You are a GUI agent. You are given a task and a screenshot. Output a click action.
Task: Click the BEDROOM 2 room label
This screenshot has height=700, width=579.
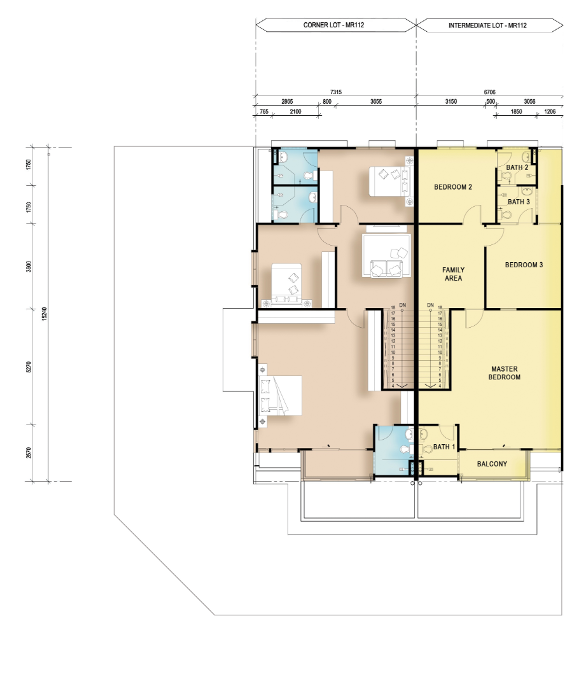(452, 187)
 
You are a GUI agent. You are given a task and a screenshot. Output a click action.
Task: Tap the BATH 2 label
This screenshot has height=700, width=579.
(517, 167)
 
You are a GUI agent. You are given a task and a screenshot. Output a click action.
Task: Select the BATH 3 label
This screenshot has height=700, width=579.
(519, 202)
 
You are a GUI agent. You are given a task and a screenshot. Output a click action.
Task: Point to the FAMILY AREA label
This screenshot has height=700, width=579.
(453, 274)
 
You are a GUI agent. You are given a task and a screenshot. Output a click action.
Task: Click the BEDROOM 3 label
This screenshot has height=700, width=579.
(524, 265)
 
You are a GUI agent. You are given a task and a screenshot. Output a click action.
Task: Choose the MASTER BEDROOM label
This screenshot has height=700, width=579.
(505, 373)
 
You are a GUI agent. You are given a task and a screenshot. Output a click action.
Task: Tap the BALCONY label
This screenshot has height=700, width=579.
(492, 464)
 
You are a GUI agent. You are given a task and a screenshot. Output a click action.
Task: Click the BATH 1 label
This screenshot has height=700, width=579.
(444, 447)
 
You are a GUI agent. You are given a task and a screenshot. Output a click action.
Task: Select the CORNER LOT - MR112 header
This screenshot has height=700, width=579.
(333, 25)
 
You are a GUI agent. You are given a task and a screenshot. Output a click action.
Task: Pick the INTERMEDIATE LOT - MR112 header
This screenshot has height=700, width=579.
(487, 25)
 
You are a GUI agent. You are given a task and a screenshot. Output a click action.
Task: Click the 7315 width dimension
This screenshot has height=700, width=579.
(336, 92)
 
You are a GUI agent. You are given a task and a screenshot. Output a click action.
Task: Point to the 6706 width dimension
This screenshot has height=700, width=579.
(490, 92)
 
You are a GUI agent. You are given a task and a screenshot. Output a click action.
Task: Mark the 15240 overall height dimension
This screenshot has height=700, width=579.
(44, 314)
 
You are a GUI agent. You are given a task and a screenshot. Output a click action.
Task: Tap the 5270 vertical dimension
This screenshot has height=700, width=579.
(29, 367)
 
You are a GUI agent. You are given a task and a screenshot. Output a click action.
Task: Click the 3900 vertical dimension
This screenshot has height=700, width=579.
(29, 267)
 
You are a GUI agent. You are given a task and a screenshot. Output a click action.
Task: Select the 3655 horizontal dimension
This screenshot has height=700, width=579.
(376, 102)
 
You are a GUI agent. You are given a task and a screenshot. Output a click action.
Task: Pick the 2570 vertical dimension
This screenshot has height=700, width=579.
(29, 452)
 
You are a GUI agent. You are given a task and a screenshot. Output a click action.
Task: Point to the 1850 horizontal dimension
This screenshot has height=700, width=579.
(516, 111)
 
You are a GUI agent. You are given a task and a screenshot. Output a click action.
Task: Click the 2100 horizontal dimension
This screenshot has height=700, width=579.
(295, 111)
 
